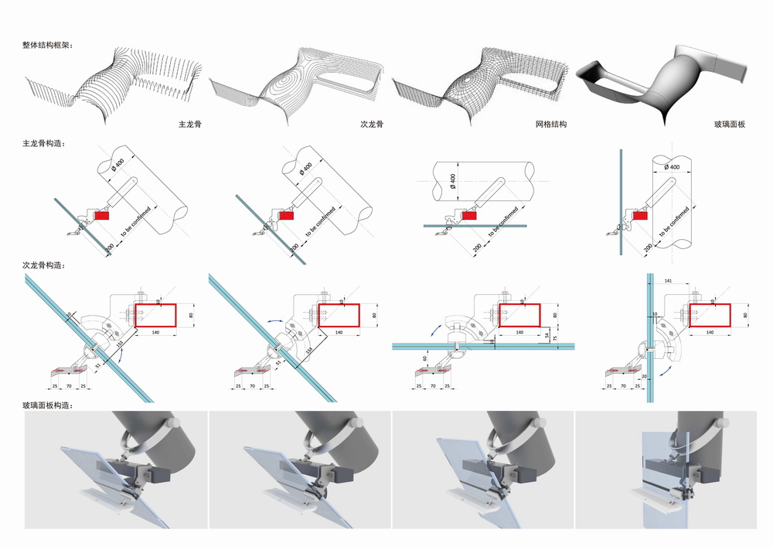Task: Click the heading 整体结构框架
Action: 47,46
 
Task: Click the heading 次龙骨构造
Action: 43,265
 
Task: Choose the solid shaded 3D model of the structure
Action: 665,85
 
